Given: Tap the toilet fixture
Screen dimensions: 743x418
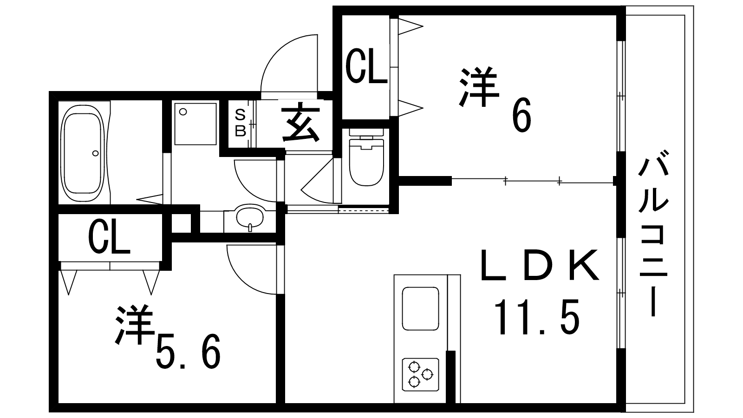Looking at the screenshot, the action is [x=366, y=157].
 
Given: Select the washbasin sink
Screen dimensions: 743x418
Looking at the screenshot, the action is [x=250, y=217].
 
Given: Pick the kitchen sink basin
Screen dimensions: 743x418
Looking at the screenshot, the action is [x=420, y=308].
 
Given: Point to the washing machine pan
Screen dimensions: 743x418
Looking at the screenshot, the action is [x=196, y=124].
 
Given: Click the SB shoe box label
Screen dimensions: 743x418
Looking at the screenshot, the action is [x=240, y=123].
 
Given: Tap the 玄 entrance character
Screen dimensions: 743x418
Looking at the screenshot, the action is [x=300, y=123].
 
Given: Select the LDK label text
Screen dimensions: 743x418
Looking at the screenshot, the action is [x=539, y=265].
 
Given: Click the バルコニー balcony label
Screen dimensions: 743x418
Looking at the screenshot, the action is [x=653, y=233].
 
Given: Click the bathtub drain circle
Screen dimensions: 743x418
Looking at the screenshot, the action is [x=96, y=153].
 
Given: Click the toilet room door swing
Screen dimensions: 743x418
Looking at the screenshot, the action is [x=317, y=181].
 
